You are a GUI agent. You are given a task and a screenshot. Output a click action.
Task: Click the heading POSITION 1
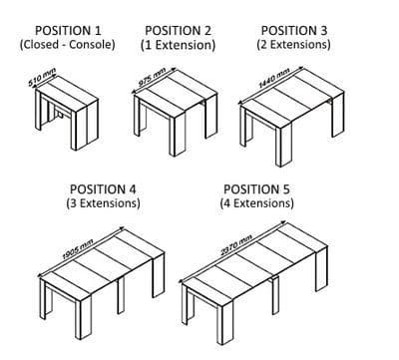coord(68,31)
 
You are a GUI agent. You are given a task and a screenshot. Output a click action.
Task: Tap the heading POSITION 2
coord(178,31)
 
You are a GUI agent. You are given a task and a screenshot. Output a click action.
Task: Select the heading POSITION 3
coord(294,31)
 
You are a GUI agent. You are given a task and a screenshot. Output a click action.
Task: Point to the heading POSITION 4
coord(103,189)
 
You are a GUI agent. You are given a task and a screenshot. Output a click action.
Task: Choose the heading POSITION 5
coord(256,189)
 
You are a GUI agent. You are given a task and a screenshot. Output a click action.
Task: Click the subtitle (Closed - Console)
coord(68,44)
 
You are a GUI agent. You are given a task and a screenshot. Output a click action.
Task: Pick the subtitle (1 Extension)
coord(178,45)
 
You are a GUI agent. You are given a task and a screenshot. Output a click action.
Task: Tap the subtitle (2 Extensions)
coord(293,44)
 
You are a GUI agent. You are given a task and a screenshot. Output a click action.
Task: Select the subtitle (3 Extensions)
coord(103,202)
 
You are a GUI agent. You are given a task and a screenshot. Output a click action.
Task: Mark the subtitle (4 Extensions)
coord(256,202)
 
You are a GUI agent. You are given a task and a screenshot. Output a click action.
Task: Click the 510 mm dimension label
coord(42,77)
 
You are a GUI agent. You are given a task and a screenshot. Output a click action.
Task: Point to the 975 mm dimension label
coord(152,77)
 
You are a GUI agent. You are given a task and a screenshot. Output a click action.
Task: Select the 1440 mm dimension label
coord(274,78)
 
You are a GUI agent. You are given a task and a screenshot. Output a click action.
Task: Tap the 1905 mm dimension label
coord(78,249)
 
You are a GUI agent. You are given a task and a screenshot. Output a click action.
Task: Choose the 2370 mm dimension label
coord(236,245)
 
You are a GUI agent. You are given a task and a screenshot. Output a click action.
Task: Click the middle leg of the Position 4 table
coord(121,295)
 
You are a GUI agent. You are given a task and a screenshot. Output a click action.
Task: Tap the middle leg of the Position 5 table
coord(275,295)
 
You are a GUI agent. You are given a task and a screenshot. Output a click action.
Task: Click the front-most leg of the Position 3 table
coord(283,145)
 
